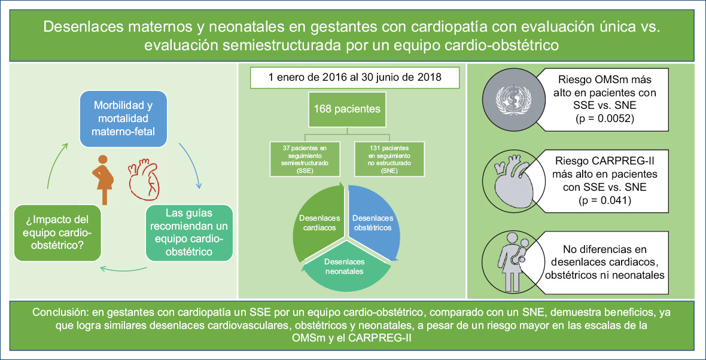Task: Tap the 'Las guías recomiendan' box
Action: coord(190,233)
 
